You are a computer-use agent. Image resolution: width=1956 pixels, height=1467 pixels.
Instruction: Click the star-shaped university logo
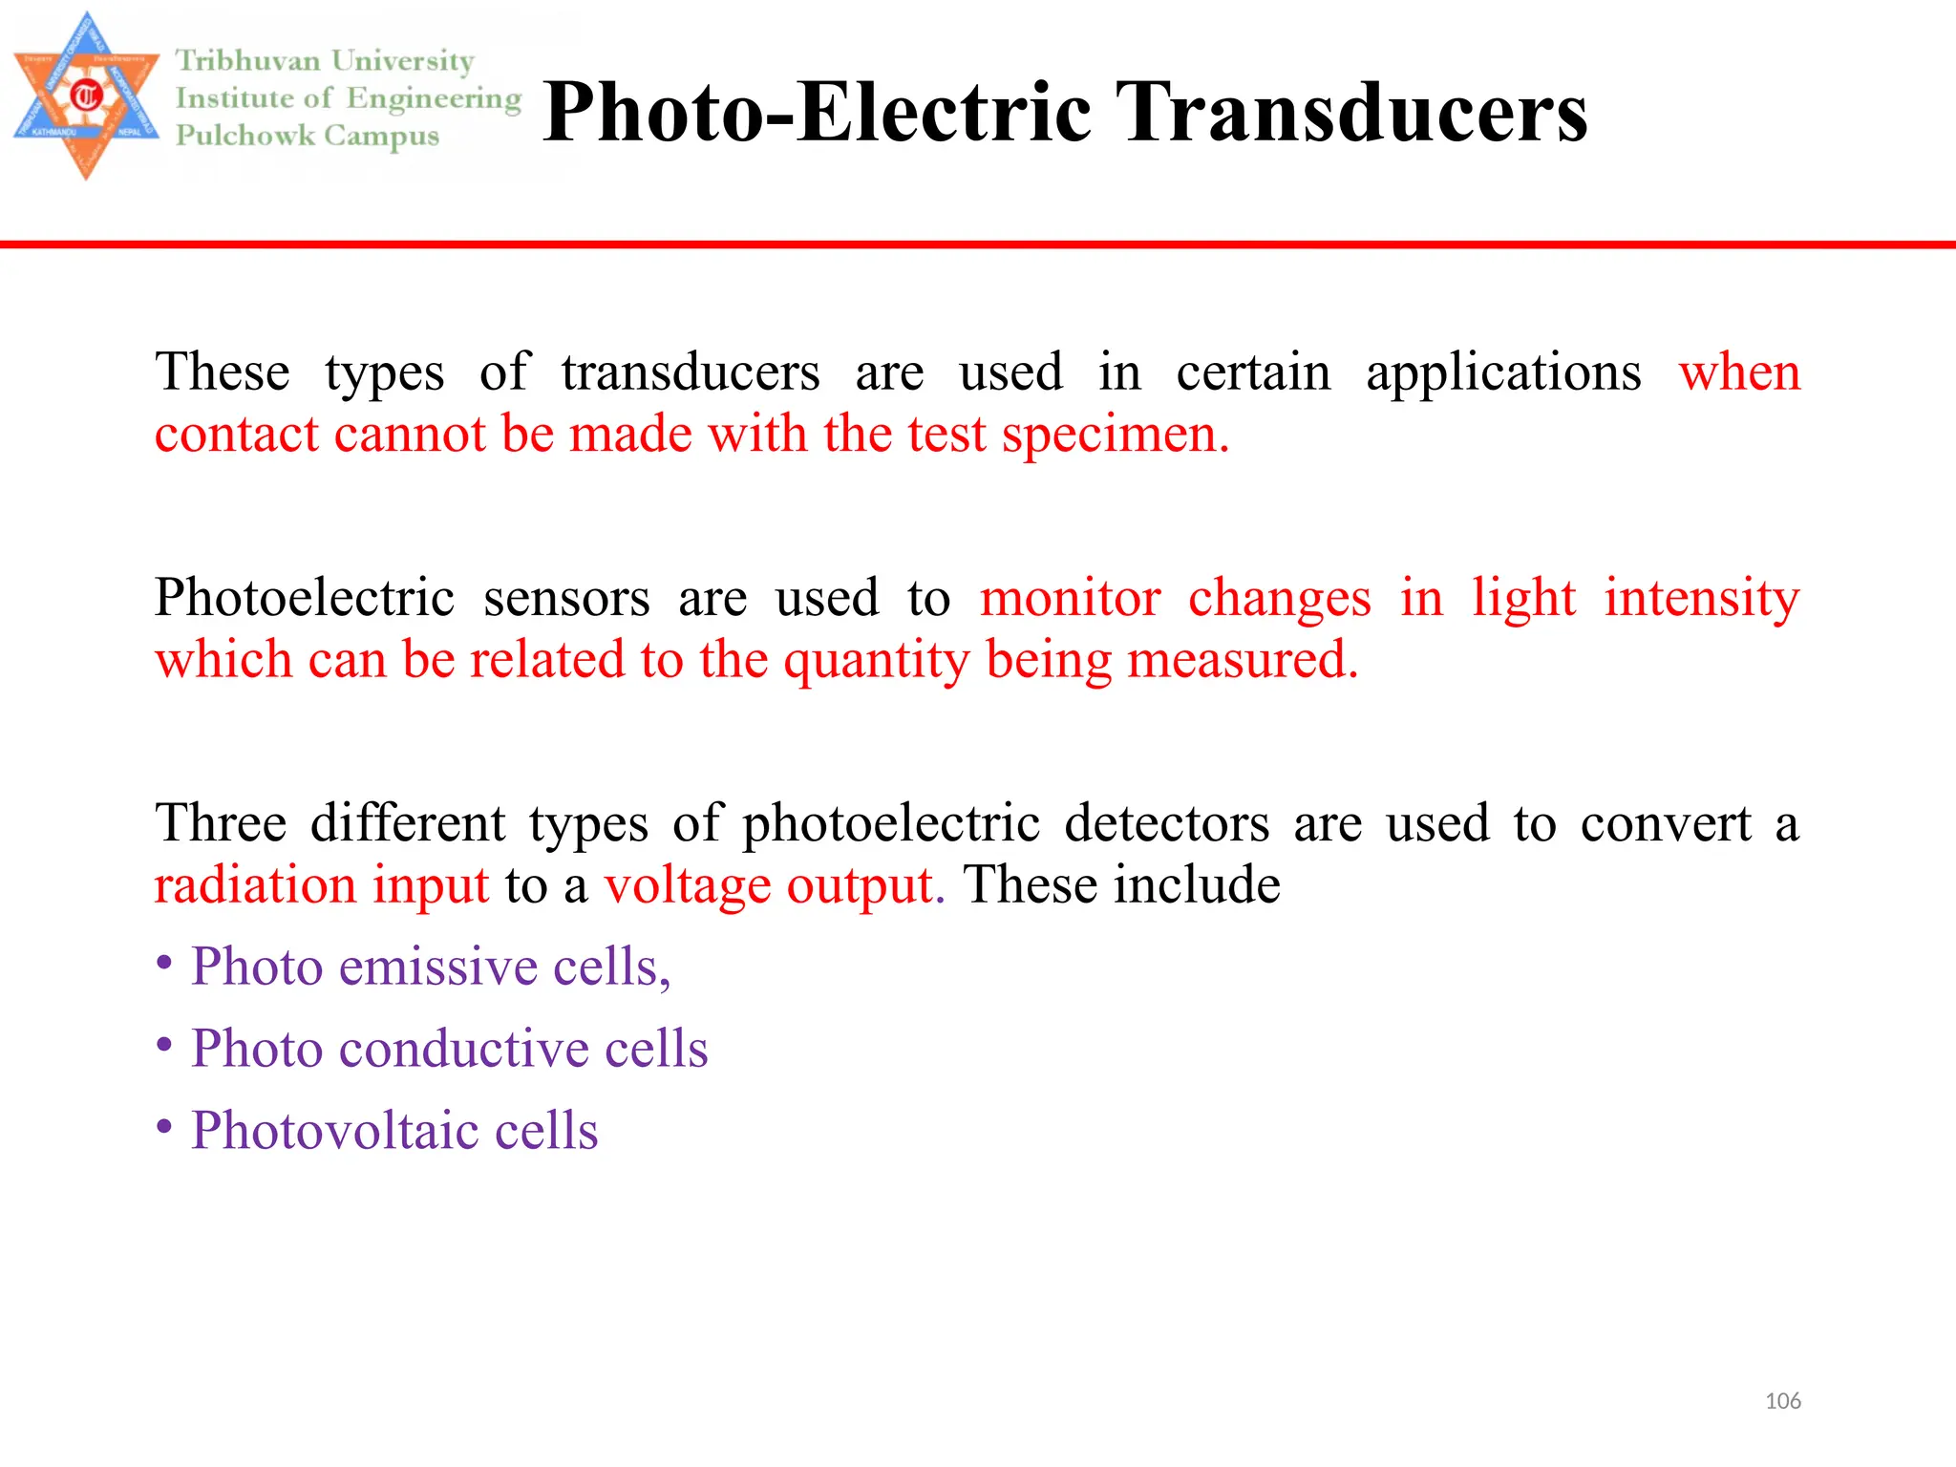click(86, 96)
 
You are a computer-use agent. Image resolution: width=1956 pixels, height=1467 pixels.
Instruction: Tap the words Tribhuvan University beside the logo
click(325, 61)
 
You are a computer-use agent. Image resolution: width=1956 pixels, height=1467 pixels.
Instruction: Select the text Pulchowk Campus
click(308, 136)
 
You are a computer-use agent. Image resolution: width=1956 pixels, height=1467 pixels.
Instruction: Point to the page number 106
click(1782, 1401)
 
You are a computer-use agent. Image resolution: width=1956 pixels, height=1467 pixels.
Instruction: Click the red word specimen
click(1115, 435)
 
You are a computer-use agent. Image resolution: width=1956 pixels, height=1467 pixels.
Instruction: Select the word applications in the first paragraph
click(1503, 372)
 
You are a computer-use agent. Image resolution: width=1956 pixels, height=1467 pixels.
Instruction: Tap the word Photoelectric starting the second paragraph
click(305, 599)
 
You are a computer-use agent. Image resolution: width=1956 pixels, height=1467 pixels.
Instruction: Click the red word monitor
click(1070, 599)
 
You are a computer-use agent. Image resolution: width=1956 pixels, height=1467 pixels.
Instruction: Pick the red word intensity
click(1701, 599)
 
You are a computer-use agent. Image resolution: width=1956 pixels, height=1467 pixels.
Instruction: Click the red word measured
click(1242, 660)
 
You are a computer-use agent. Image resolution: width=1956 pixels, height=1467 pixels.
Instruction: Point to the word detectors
click(1166, 823)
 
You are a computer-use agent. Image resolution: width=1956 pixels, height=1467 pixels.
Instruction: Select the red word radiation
click(255, 884)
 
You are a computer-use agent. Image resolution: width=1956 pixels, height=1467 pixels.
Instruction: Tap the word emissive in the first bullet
click(438, 967)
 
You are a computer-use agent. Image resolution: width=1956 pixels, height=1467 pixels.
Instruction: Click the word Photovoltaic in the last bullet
click(334, 1131)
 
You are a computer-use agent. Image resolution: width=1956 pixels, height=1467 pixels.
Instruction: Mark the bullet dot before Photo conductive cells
click(165, 1046)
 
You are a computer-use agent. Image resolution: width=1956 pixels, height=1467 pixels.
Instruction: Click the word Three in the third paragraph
click(221, 823)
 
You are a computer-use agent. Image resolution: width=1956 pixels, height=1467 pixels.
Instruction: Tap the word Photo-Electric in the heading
click(817, 113)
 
